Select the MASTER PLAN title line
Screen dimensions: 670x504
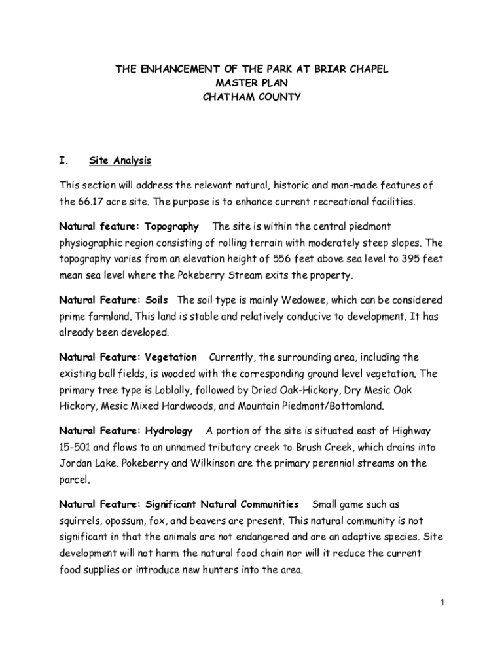click(x=251, y=82)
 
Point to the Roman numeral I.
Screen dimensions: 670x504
click(x=63, y=160)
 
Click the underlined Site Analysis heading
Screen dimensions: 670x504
click(x=120, y=160)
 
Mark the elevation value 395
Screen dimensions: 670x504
click(x=415, y=258)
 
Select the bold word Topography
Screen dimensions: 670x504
click(x=171, y=226)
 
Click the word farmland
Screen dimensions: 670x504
click(x=109, y=317)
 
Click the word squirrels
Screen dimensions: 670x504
click(x=81, y=521)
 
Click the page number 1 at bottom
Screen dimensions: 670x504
click(x=442, y=603)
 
